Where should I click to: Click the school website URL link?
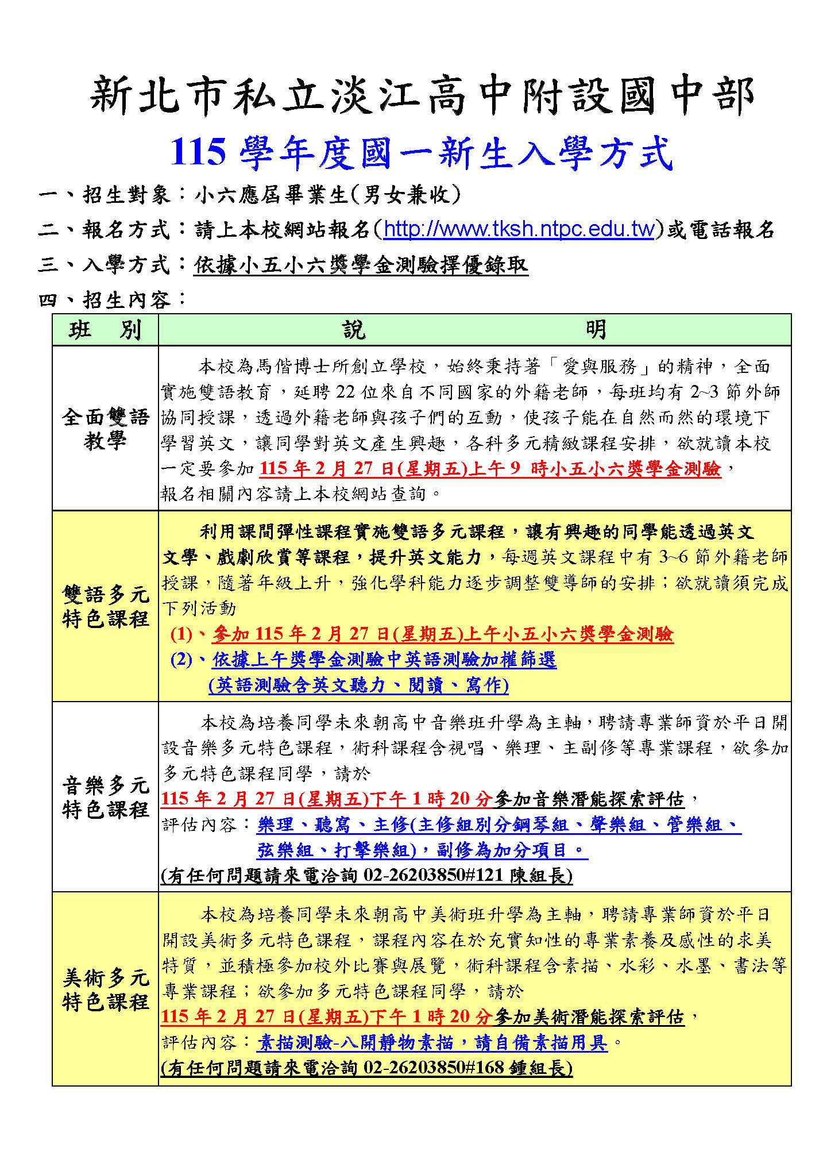pyautogui.click(x=518, y=230)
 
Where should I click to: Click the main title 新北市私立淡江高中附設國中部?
pyautogui.click(x=422, y=95)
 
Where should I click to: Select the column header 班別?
pyautogui.click(x=105, y=330)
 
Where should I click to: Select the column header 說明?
pyautogui.click(x=474, y=330)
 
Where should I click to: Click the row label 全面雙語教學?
pyautogui.click(x=105, y=429)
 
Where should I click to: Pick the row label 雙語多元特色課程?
pyautogui.click(x=105, y=606)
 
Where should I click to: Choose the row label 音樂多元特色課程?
pyautogui.click(x=105, y=797)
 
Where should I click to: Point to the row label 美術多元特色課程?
pyautogui.click(x=105, y=989)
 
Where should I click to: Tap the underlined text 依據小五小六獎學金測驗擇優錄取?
pyautogui.click(x=361, y=265)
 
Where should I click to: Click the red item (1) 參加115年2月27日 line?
pyautogui.click(x=422, y=634)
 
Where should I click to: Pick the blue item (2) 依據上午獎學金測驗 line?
pyautogui.click(x=363, y=660)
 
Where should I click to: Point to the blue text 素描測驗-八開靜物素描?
pyautogui.click(x=432, y=1042)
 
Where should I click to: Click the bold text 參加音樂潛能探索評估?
pyautogui.click(x=589, y=799)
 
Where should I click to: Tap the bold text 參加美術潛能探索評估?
pyautogui.click(x=589, y=1016)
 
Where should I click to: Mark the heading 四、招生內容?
pyautogui.click(x=113, y=299)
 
